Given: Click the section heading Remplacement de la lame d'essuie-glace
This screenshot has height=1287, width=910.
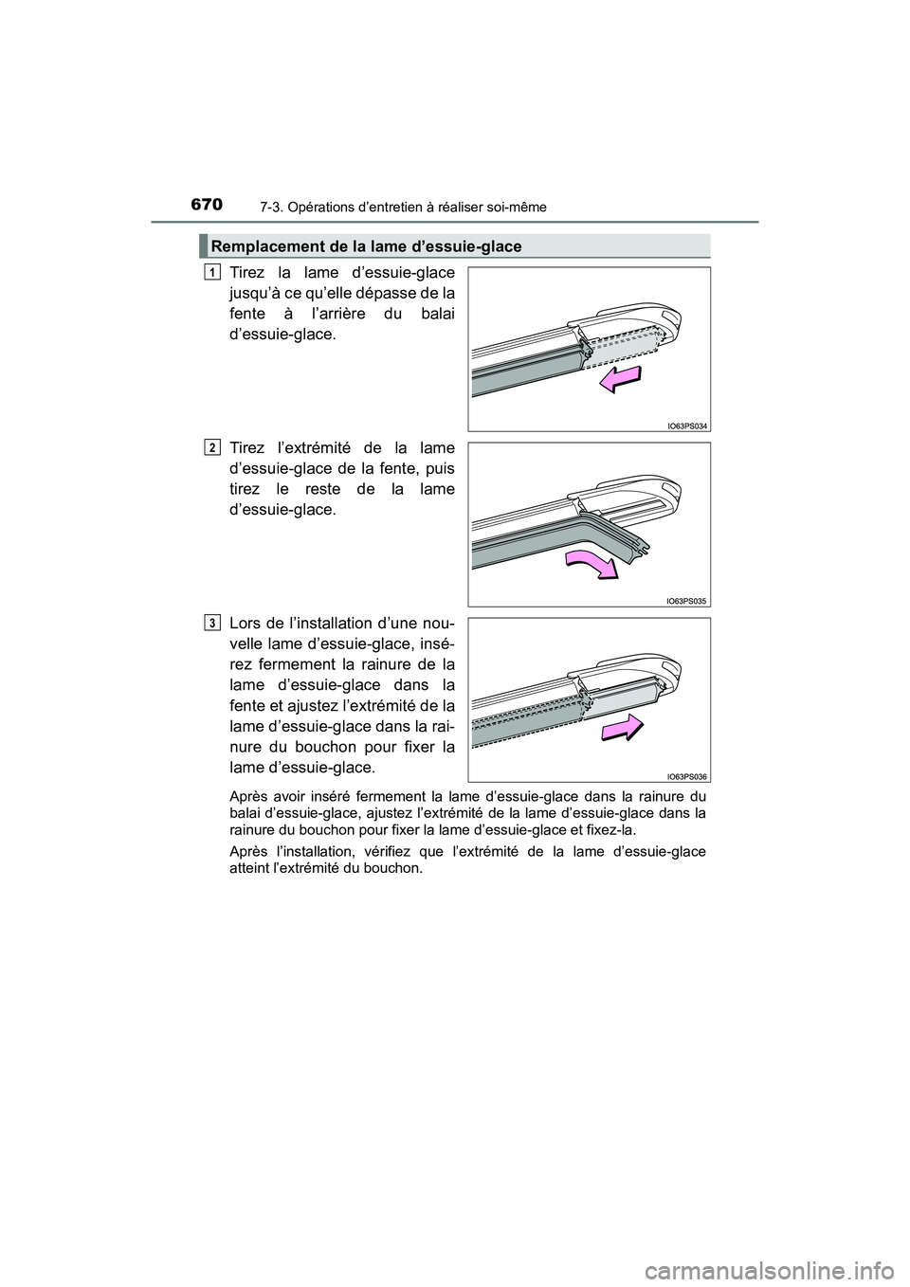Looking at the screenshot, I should [366, 246].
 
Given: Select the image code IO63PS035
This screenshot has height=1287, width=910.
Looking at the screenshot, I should [686, 601].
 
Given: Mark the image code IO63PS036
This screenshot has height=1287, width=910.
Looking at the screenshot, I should [686, 776].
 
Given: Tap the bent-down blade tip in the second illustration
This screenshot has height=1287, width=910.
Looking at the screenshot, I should [639, 543].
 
